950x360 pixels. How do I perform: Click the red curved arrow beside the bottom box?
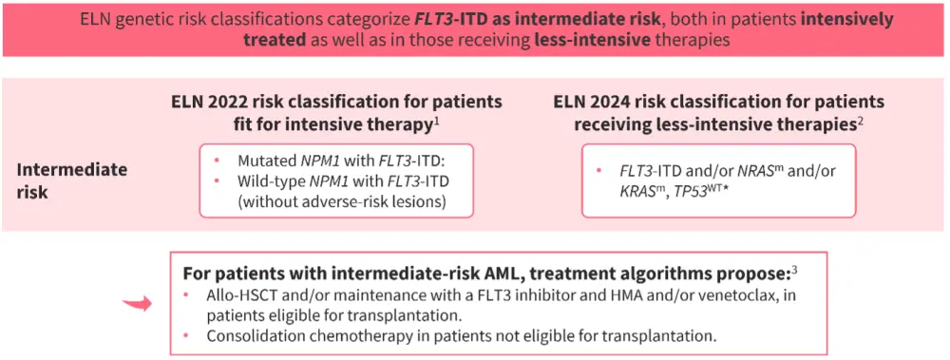click(x=137, y=304)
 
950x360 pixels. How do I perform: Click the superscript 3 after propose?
click(x=794, y=267)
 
